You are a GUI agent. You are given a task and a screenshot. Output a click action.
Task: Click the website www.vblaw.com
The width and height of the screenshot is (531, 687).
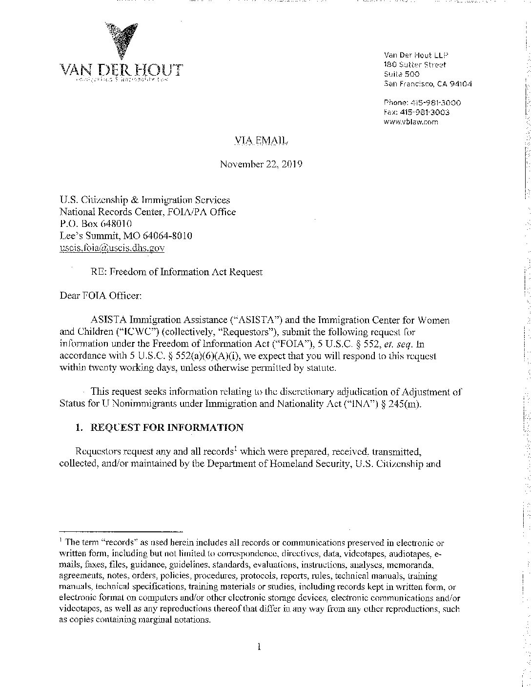click(x=411, y=122)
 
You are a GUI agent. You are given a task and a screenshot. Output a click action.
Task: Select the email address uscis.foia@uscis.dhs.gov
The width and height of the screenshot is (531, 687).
click(x=112, y=248)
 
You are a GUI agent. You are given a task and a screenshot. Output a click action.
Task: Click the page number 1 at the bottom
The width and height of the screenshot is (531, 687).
click(x=259, y=647)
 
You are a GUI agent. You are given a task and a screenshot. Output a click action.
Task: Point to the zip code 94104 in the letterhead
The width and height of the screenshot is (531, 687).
click(x=460, y=84)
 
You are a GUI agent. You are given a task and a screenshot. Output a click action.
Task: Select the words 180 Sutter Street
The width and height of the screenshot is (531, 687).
click(x=415, y=65)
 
